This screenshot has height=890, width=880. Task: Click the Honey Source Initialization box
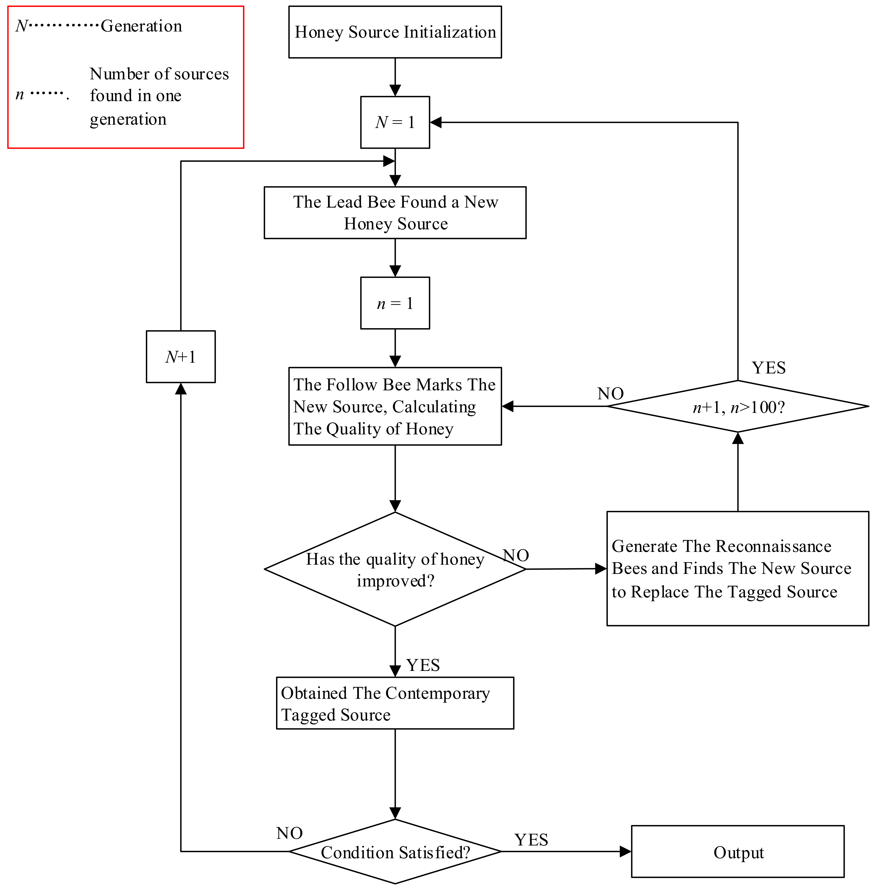click(x=395, y=32)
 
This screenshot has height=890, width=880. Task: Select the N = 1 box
click(x=395, y=122)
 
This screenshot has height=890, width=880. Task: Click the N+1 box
click(x=181, y=357)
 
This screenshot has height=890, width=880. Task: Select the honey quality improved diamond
click(x=395, y=569)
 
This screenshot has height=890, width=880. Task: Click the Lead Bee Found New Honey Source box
click(x=395, y=213)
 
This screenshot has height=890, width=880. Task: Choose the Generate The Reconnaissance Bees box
click(x=738, y=569)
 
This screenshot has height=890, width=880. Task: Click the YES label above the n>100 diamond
click(x=769, y=368)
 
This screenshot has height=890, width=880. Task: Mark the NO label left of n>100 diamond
click(x=610, y=393)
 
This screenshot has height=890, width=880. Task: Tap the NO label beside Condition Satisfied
click(x=289, y=833)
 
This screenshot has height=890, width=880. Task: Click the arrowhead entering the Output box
click(x=625, y=851)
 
